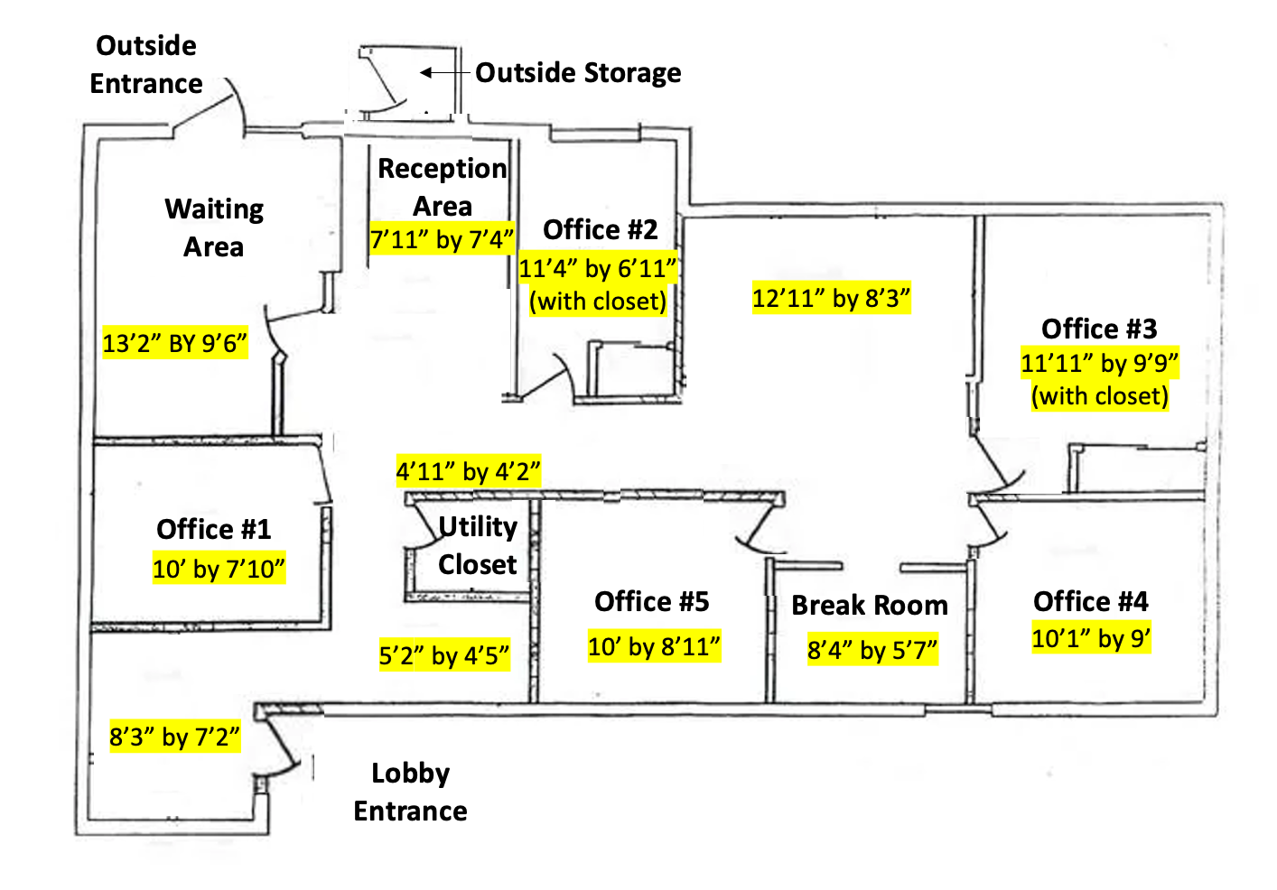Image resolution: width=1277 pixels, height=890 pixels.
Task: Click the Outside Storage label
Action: (578, 72)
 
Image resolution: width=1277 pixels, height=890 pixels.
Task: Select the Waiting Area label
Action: (214, 227)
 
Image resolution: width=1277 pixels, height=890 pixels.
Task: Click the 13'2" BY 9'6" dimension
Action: (174, 343)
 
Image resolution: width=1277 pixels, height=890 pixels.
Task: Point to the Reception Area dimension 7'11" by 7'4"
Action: (442, 239)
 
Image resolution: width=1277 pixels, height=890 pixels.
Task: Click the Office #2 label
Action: (600, 229)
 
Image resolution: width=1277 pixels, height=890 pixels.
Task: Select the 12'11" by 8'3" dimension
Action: (831, 298)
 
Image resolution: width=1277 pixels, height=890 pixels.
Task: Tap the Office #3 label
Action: (1098, 329)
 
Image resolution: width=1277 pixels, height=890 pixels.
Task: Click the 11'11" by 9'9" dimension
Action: (1099, 363)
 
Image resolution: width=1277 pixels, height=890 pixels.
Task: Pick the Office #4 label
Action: (1090, 601)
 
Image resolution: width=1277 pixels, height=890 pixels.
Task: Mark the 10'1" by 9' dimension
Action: (1091, 639)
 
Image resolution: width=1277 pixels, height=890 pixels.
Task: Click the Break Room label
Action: (870, 606)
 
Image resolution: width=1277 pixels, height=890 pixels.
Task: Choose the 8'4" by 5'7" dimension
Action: (872, 650)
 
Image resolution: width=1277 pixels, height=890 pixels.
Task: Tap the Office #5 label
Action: (651, 601)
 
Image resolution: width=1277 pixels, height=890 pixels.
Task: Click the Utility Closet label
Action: (477, 545)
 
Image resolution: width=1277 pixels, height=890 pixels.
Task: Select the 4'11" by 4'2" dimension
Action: (468, 471)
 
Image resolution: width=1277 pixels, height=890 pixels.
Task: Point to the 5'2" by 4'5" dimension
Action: (443, 655)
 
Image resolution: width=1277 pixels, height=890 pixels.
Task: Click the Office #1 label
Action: (213, 529)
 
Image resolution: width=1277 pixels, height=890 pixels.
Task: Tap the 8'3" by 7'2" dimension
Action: (174, 737)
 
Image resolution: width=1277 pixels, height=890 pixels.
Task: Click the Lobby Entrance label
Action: (410, 792)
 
